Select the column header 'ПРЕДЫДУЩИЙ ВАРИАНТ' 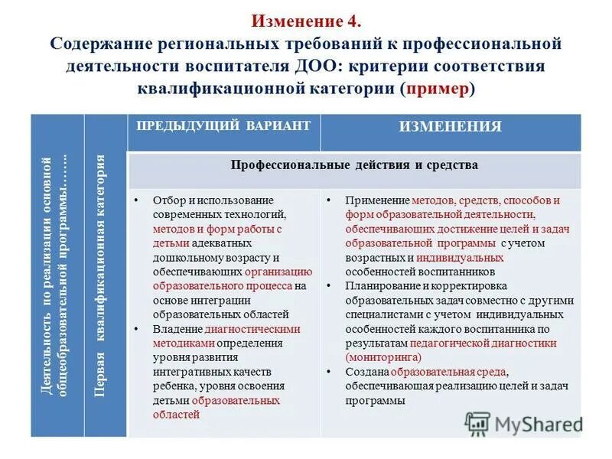(223, 125)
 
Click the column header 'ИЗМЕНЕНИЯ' (450, 127)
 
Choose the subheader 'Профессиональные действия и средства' (354, 165)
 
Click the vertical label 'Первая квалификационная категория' (99, 275)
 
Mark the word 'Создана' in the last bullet (364, 371)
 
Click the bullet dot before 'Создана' (328, 371)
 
